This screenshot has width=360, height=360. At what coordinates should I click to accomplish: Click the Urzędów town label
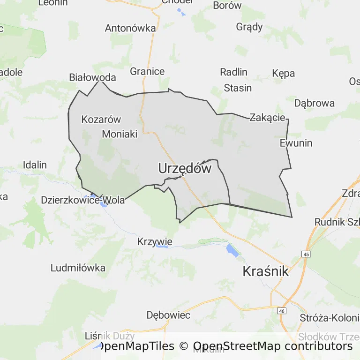click(185, 168)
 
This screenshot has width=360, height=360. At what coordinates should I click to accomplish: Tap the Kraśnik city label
click(265, 271)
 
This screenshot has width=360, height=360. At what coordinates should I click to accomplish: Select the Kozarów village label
click(101, 119)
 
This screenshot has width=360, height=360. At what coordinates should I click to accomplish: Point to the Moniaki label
click(120, 134)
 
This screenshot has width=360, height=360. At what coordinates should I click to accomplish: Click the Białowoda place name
click(92, 77)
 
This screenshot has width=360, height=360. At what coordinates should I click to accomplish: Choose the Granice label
click(147, 71)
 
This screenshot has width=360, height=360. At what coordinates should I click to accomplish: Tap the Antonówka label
click(130, 28)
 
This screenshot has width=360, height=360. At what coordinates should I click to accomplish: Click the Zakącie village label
click(267, 117)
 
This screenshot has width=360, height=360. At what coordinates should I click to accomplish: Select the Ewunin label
click(296, 143)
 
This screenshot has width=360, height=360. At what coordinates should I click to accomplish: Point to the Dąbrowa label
click(314, 103)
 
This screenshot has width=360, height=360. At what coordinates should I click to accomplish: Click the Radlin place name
click(233, 72)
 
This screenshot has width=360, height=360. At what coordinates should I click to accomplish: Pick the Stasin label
click(238, 88)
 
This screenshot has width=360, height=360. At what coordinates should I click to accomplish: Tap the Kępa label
click(283, 73)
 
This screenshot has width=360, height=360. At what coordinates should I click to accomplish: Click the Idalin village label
click(35, 165)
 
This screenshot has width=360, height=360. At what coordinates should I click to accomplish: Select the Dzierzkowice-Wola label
click(83, 200)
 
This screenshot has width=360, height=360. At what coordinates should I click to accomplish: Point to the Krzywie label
click(155, 242)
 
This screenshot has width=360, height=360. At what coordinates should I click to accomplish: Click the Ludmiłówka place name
click(78, 268)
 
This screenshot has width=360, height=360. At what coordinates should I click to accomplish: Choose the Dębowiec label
click(168, 315)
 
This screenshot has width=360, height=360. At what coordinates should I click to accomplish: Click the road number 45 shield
click(306, 254)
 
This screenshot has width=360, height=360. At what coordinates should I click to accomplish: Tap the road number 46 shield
click(281, 311)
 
